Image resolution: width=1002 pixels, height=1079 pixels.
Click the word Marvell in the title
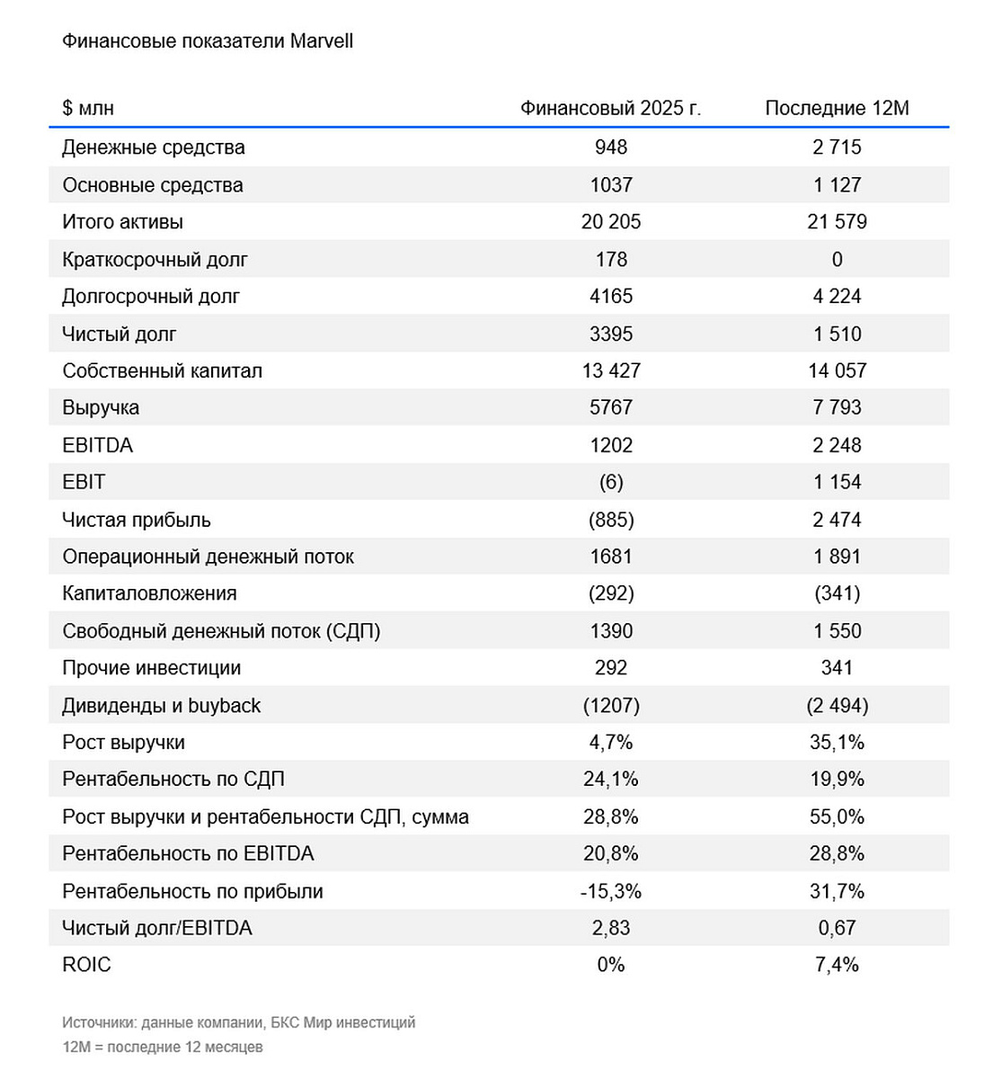coord(321,41)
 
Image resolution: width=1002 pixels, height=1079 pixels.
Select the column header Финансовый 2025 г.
coord(610,109)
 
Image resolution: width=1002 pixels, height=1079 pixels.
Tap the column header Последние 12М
coord(837,109)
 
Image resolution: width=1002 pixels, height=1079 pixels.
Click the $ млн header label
coord(88,109)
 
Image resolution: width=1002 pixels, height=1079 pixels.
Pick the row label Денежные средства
coord(154,147)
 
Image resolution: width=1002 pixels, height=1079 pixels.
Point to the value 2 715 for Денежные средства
coord(837,147)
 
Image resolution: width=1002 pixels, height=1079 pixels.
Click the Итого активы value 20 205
coord(611,222)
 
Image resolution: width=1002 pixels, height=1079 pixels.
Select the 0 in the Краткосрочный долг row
coord(837,260)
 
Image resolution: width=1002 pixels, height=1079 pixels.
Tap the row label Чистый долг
coord(120,334)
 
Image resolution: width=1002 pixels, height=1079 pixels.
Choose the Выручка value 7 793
coord(837,408)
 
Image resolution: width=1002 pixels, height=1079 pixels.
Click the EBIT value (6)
coord(611,483)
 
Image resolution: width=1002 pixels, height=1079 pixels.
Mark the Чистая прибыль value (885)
coord(611,521)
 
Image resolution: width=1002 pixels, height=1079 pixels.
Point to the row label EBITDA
coord(97,446)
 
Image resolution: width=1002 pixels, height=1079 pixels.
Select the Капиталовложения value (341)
coord(837,594)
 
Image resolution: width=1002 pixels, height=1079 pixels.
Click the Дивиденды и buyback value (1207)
coord(611,706)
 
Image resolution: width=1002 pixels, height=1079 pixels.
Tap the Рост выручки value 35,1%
coord(837,743)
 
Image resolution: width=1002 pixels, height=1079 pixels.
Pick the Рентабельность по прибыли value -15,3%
coord(611,892)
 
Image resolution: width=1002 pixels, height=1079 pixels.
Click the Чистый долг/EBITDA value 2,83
coord(611,928)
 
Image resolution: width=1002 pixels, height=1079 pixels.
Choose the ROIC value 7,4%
coord(837,965)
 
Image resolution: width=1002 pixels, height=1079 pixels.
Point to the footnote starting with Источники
coord(239,1022)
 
